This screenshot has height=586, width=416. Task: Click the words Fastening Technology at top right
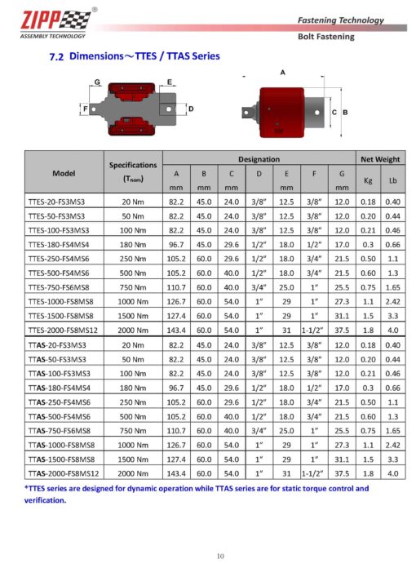(340, 20)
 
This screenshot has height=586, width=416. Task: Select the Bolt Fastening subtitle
(325, 37)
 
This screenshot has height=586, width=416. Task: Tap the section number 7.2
(57, 58)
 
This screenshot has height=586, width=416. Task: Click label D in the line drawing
(190, 108)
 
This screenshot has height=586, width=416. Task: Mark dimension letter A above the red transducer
(282, 73)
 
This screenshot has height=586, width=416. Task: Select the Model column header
(64, 173)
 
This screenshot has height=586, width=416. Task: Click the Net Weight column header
(379, 159)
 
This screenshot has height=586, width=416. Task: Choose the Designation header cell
(259, 159)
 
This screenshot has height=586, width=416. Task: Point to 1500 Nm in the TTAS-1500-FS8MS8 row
(133, 459)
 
